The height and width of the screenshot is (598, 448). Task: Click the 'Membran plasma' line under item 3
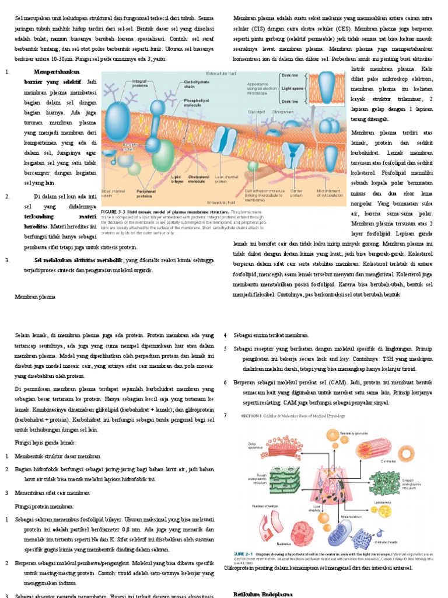coord(35,297)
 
